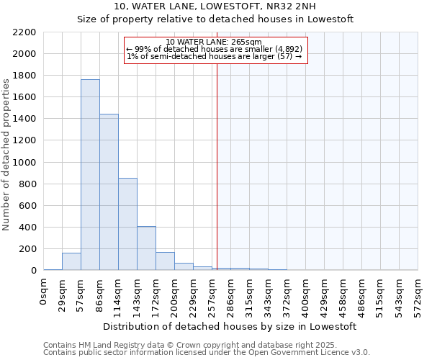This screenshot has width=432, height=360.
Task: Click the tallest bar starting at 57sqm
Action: pyautogui.click(x=90, y=174)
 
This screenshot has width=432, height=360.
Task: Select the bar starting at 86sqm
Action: pyautogui.click(x=109, y=192)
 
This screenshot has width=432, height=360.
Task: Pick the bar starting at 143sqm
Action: pyautogui.click(x=146, y=248)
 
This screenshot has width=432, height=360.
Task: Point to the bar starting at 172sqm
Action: pyautogui.click(x=165, y=261)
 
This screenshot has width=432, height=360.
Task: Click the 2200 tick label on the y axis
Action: pyautogui.click(x=24, y=32)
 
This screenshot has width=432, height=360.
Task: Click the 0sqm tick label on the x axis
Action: pyautogui.click(x=44, y=291)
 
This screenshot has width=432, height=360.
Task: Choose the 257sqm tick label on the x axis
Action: pyautogui.click(x=212, y=294)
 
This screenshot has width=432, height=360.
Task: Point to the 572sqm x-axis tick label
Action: pyautogui.click(x=418, y=294)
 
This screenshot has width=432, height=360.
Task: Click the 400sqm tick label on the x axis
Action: pyautogui.click(x=306, y=294)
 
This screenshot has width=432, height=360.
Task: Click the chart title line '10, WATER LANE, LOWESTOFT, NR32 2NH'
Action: pyautogui.click(x=215, y=6)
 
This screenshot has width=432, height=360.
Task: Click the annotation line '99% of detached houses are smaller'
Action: pyautogui.click(x=215, y=49)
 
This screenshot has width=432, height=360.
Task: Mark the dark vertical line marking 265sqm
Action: pyautogui.click(x=217, y=166)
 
